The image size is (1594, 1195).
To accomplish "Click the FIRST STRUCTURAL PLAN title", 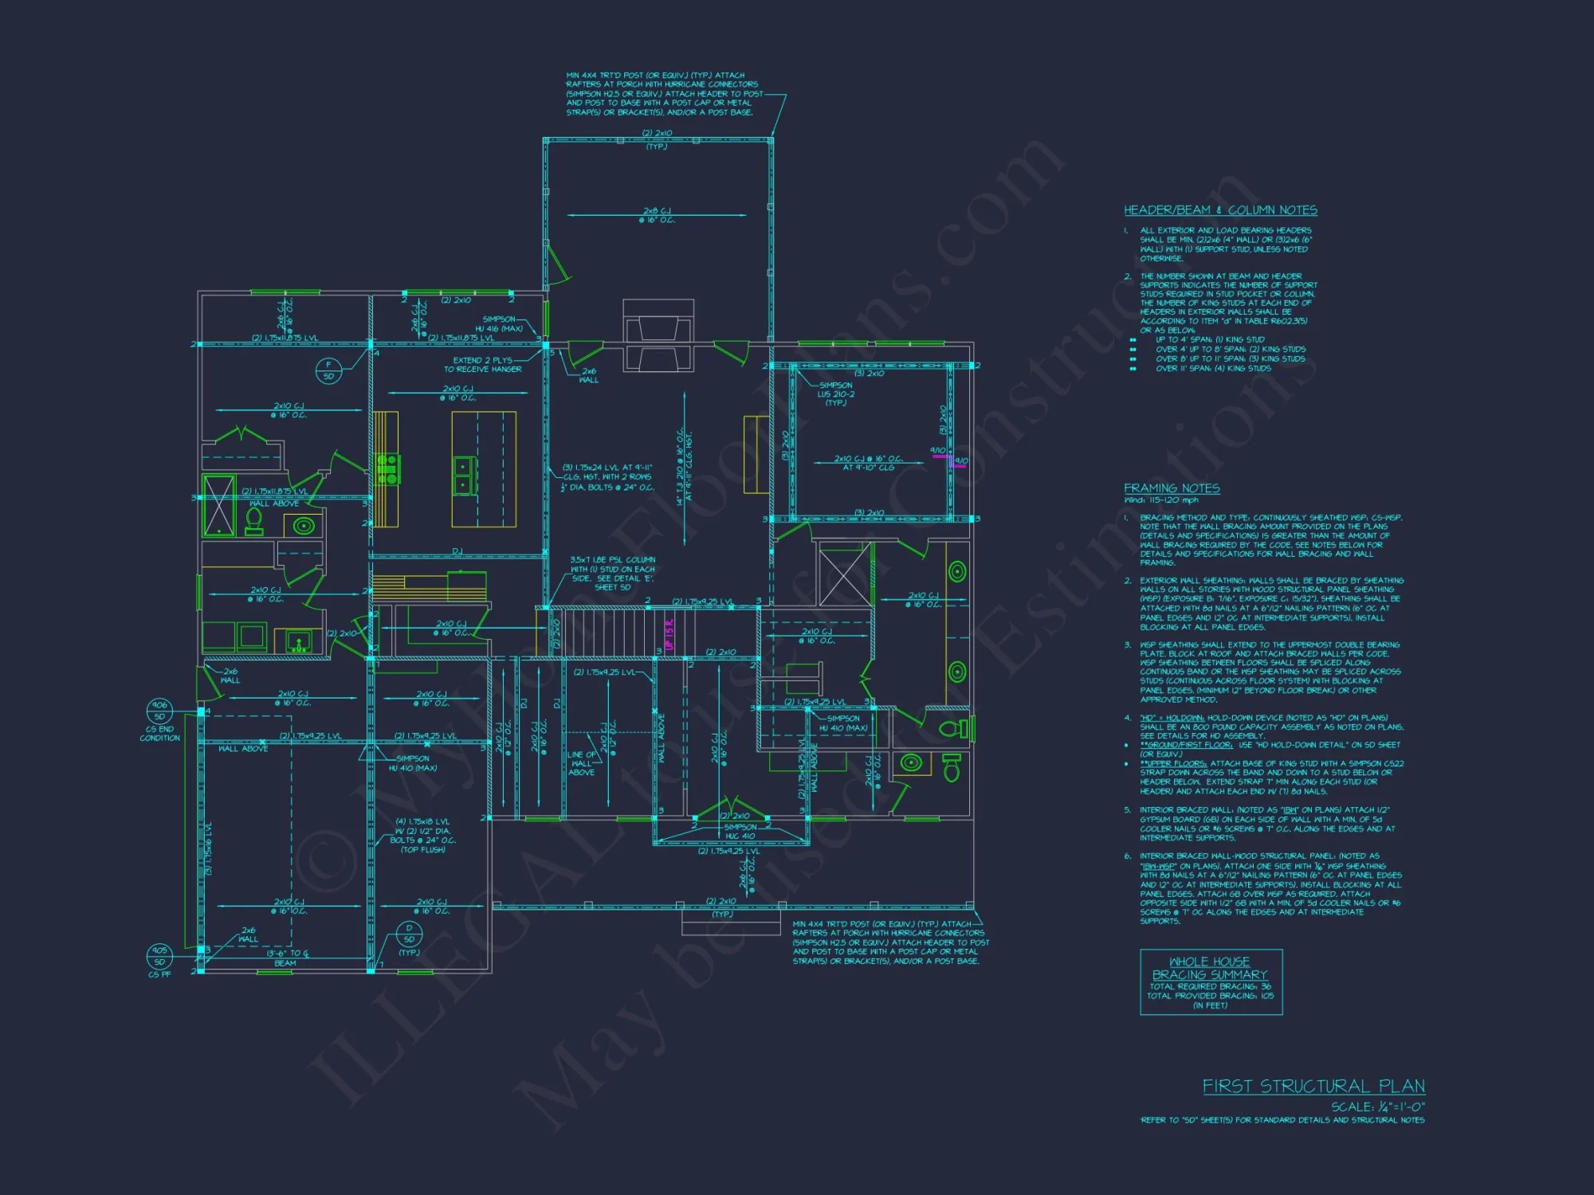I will click(1313, 1086).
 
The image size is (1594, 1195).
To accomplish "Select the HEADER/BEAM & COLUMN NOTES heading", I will click(1220, 210).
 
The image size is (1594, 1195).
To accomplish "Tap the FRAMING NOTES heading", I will click(1172, 488).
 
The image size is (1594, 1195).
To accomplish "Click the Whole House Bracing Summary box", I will click(1211, 981).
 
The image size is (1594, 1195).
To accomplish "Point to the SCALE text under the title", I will click(1378, 1107).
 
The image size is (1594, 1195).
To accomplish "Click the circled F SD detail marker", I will click(328, 370).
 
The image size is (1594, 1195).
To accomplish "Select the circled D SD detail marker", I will click(409, 934).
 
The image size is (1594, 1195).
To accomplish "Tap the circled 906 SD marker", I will click(159, 711).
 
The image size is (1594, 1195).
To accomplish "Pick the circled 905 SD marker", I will click(159, 956).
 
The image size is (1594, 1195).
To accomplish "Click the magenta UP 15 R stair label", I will click(669, 634).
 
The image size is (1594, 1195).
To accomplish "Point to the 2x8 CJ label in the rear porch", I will click(657, 215).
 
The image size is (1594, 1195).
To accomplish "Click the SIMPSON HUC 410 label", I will click(740, 832).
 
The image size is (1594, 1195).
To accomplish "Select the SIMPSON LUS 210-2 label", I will click(835, 394).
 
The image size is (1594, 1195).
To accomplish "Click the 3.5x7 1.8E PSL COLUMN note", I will click(613, 574).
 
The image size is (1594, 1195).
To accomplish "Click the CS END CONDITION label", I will click(159, 734).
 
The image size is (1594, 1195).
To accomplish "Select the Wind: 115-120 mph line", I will click(1161, 500).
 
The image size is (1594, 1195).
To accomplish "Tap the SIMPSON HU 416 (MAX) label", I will click(499, 323).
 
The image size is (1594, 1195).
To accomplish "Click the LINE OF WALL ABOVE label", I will click(582, 763).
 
